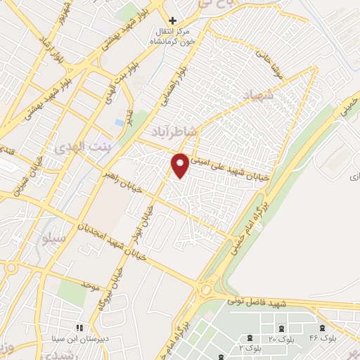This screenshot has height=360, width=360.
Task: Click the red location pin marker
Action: click(181, 164)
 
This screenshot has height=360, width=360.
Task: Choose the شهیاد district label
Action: click(261, 94)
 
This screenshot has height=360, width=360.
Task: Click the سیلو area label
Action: click(54, 238)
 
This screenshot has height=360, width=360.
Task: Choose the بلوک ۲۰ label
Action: click(281, 340)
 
